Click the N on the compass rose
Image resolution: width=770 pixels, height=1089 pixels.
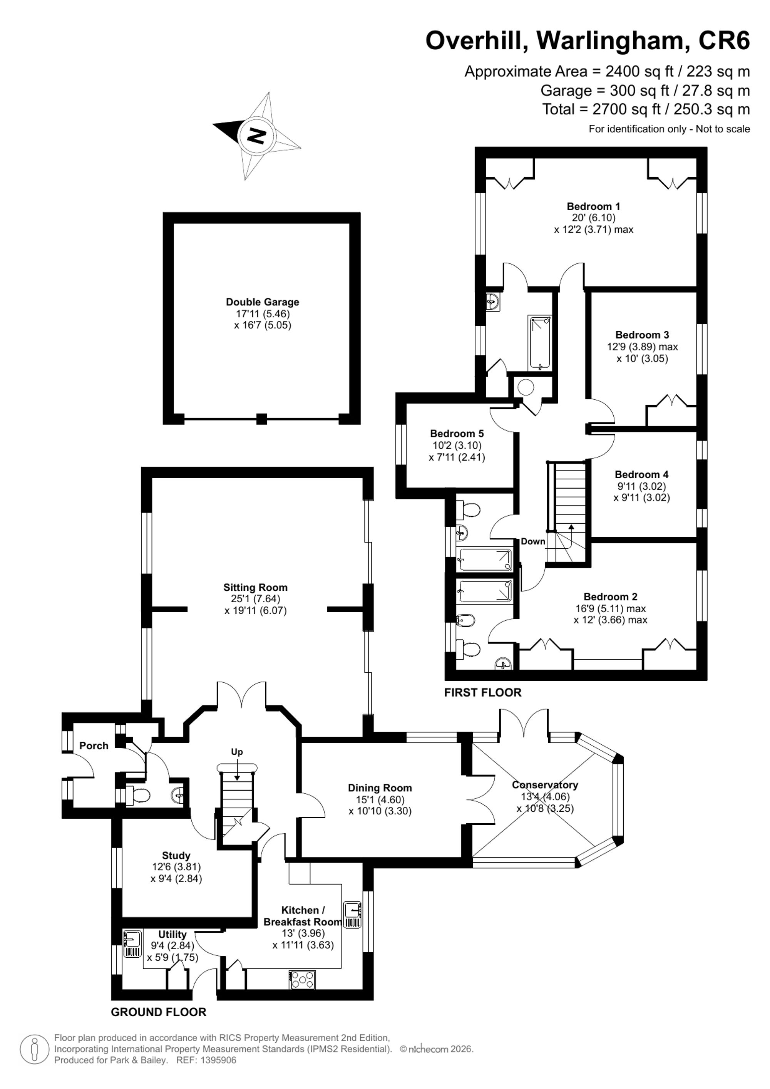pos(257,136)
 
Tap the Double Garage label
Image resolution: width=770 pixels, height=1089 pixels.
pos(262,302)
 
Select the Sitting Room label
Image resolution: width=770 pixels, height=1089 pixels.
pos(256,587)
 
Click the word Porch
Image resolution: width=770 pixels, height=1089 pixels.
pos(94,746)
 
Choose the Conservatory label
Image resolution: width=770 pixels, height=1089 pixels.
pos(545,785)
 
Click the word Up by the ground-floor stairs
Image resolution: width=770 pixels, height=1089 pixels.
pos(237,752)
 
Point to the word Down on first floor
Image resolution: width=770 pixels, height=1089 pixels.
pos(533,542)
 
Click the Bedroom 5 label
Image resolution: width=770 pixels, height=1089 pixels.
pos(457,434)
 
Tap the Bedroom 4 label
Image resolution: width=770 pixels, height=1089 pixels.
pos(641,474)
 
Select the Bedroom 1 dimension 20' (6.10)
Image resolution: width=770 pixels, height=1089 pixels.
pos(594,218)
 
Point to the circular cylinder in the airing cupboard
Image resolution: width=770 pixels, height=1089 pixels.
pos(526,387)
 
